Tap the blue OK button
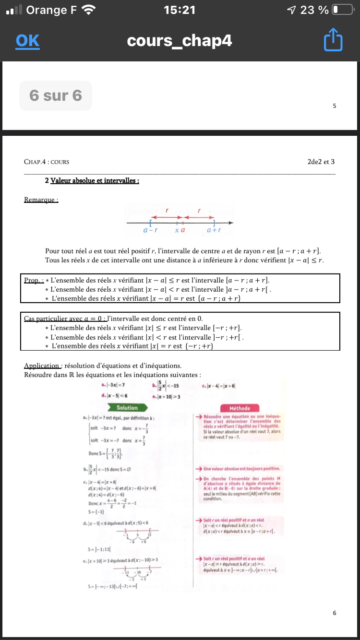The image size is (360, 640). (x=27, y=41)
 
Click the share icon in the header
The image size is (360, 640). (x=333, y=41)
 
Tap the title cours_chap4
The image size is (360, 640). (x=180, y=41)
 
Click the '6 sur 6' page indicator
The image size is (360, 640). (x=56, y=95)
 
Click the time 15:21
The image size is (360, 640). (x=180, y=10)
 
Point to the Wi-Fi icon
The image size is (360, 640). (x=89, y=10)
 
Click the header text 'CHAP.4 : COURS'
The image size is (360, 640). (x=47, y=162)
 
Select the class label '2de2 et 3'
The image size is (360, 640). (x=321, y=162)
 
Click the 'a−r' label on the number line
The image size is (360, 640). (x=151, y=230)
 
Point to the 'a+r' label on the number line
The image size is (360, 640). (x=214, y=230)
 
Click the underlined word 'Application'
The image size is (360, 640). (x=42, y=366)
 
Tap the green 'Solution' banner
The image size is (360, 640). (x=127, y=408)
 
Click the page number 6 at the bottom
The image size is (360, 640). (x=334, y=613)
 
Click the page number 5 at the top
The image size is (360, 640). (x=334, y=106)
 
